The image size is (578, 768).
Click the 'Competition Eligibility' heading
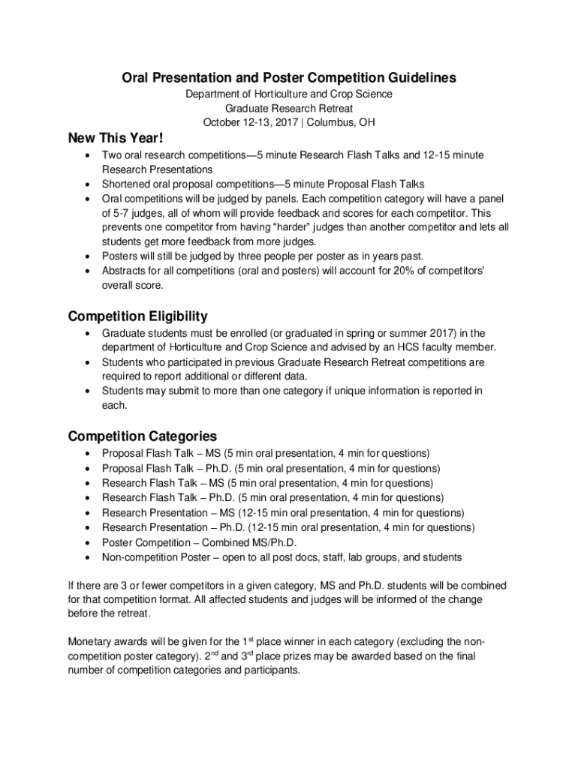[x=137, y=316]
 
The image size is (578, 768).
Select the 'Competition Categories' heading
[x=142, y=436]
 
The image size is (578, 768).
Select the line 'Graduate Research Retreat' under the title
[x=289, y=108]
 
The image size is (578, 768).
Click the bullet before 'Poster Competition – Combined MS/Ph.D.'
[x=89, y=543]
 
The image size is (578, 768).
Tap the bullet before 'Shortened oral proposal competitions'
[x=89, y=184]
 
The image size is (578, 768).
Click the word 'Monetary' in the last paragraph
[x=92, y=642]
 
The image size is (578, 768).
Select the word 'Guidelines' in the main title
[x=419, y=78]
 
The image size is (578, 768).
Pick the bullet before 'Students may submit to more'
[x=89, y=391]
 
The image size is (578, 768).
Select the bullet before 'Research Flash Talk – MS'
[x=89, y=483]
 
